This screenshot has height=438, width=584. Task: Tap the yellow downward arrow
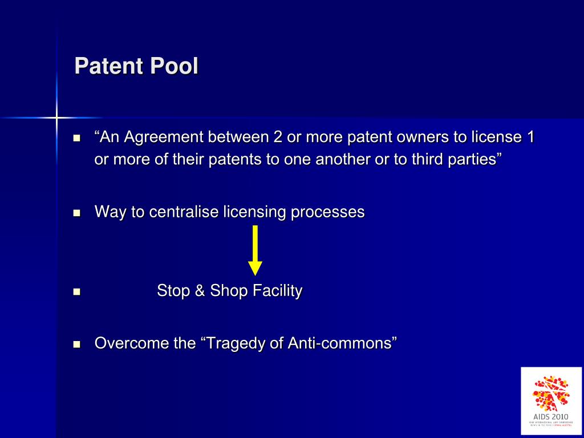(x=255, y=250)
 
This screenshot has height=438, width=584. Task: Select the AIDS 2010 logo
(x=551, y=401)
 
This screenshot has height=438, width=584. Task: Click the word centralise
(x=184, y=212)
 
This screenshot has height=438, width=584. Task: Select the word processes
(x=327, y=212)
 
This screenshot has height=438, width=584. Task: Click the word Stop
(x=173, y=291)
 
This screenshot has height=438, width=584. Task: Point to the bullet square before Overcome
(x=78, y=344)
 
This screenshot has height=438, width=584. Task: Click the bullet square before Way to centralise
(x=78, y=213)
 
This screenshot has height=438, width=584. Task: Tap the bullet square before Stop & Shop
(x=78, y=292)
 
